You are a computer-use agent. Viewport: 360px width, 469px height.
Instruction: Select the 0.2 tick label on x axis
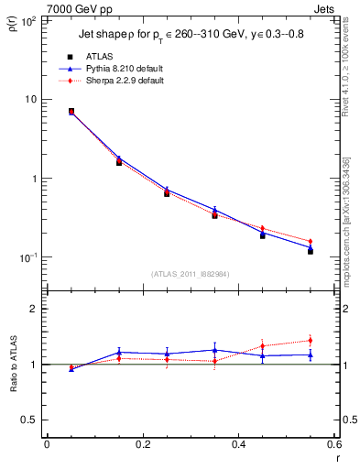click(142, 444)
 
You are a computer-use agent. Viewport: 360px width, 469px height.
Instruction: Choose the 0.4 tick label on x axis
click(238, 444)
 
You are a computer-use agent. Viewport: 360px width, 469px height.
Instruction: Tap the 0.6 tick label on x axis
click(333, 444)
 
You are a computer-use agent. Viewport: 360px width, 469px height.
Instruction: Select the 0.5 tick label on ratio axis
click(30, 420)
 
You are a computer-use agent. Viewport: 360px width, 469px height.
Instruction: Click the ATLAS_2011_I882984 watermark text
click(190, 273)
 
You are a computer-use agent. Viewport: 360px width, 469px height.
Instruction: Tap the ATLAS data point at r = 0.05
click(71, 112)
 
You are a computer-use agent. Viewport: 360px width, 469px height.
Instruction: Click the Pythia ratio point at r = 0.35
click(214, 350)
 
